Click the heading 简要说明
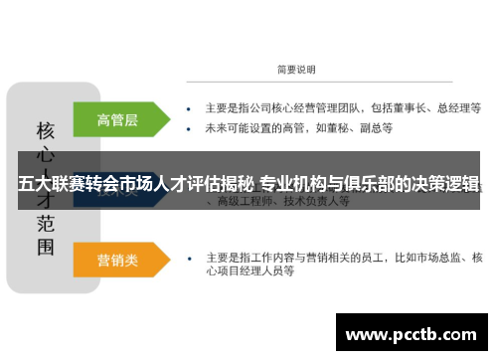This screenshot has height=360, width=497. pos(295,70)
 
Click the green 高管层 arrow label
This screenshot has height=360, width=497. pos(117,119)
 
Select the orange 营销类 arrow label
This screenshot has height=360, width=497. pos(117,260)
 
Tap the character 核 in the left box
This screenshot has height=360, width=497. pos(46,130)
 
